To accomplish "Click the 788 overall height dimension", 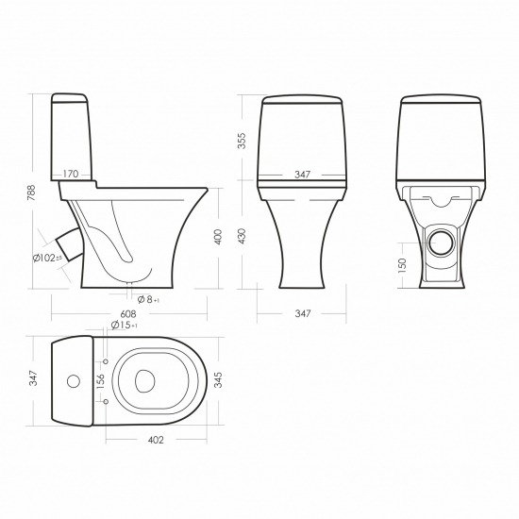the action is pyautogui.click(x=31, y=193).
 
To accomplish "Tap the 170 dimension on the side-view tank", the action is pyautogui.click(x=71, y=174).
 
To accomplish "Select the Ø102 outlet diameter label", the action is pyautogui.click(x=47, y=258).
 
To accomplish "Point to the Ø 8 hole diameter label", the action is pyautogui.click(x=148, y=300).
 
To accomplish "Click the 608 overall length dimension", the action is pyautogui.click(x=128, y=313).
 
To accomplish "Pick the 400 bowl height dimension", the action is pyautogui.click(x=218, y=236).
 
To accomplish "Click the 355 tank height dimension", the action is pyautogui.click(x=242, y=141).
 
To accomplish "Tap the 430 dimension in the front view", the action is pyautogui.click(x=242, y=236).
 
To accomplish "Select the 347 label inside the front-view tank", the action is pyautogui.click(x=303, y=175).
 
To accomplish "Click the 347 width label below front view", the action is pyautogui.click(x=303, y=313).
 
